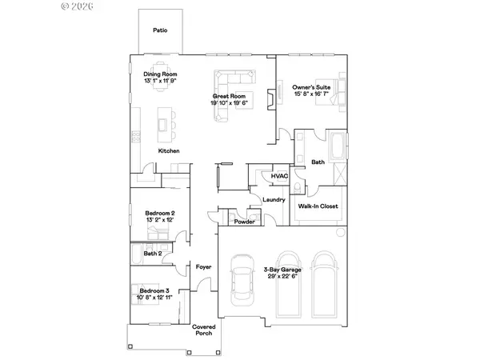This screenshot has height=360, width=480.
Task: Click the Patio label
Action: click(160, 30)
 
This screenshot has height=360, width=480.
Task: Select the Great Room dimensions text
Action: click(230, 102)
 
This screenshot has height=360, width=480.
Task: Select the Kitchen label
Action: click(168, 151)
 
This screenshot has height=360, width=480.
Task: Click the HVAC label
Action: click(279, 176)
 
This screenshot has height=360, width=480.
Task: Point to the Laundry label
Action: click(275, 199)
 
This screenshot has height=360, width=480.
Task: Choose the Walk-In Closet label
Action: click(318, 206)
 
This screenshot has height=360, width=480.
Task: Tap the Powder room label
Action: click(245, 222)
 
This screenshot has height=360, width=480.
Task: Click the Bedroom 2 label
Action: click(159, 214)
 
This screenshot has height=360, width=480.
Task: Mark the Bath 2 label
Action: click(153, 254)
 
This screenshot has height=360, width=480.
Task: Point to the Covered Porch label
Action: click(204, 330)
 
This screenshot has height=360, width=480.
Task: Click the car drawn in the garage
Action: click(241, 282)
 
